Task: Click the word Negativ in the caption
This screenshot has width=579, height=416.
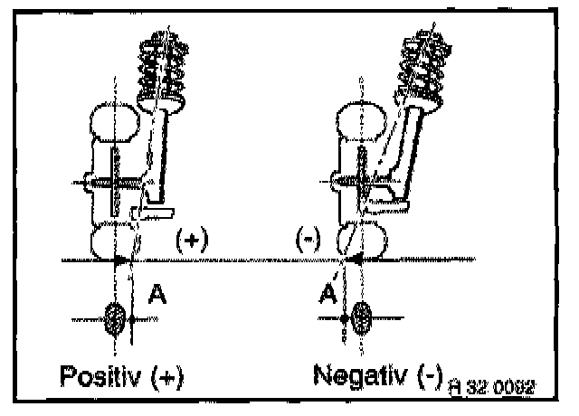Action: coord(356,374)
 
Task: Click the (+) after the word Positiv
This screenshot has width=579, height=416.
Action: coord(164,377)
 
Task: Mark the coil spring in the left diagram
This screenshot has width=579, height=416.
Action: coord(162,63)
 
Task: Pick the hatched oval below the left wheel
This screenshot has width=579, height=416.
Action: coord(116,318)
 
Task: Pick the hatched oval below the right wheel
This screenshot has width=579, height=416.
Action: coord(363,318)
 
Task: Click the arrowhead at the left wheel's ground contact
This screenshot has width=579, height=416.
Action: coord(121,260)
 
